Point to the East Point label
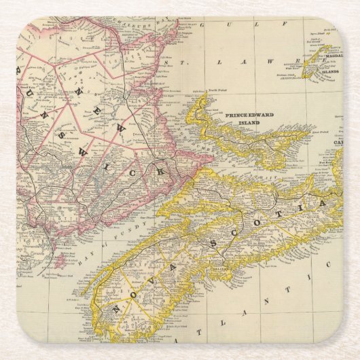(324, 126)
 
